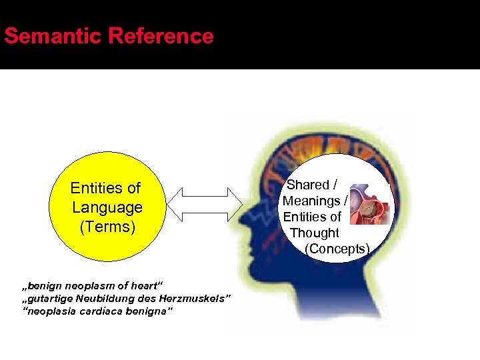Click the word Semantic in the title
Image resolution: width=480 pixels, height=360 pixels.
[52, 36]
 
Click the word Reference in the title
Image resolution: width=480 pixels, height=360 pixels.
[160, 36]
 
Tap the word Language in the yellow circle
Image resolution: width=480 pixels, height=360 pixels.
[107, 207]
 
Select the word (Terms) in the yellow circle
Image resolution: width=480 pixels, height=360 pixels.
[107, 227]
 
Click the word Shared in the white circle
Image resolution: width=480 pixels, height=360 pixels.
[308, 185]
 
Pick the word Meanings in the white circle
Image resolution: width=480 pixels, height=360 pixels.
[311, 201]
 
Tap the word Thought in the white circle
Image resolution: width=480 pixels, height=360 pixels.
[315, 233]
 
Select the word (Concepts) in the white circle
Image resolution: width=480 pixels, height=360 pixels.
[337, 249]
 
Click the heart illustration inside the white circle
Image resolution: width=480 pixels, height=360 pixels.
[369, 204]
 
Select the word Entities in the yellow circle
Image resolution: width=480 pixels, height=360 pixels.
[105, 188]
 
